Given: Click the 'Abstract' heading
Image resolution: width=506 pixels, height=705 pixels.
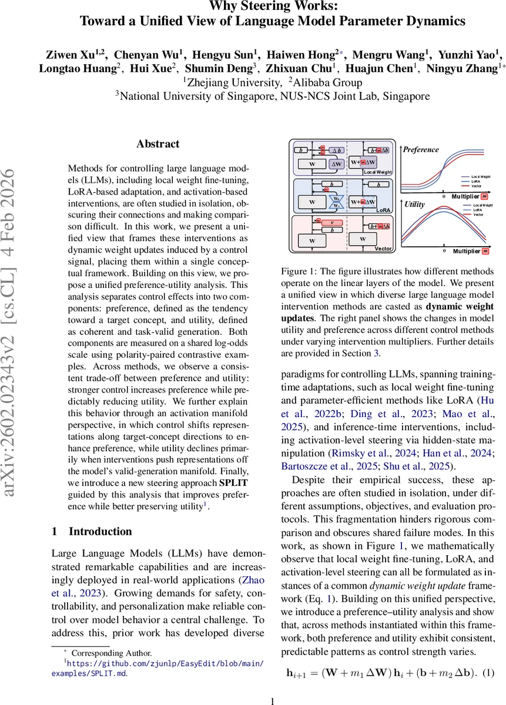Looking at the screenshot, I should coord(158,144).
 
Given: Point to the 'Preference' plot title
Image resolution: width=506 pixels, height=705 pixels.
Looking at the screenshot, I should coord(421,150).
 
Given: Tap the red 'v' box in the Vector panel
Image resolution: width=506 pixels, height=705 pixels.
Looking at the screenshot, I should coord(332,223).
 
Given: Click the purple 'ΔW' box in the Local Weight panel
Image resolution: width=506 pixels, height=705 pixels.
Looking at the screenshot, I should coord(337,164).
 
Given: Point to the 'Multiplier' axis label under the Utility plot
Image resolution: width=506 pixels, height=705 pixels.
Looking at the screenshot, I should coord(467,251).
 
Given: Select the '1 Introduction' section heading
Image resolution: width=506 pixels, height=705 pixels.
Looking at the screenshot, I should coord(92,532).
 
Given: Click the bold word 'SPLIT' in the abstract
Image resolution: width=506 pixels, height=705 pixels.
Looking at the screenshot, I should coord(234,485).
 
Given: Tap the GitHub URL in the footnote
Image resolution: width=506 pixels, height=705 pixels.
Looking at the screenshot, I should coord(159,664).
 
